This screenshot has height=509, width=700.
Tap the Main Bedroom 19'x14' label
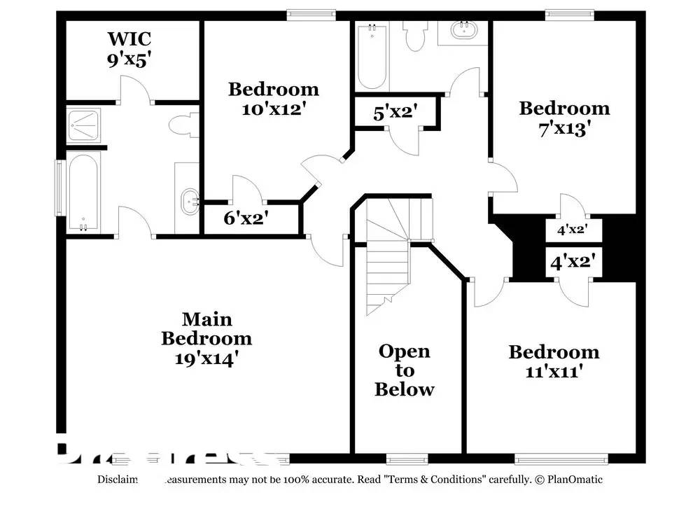[x=206, y=339]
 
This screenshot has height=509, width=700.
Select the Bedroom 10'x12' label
[x=274, y=99]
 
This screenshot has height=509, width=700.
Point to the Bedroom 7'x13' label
[x=564, y=118]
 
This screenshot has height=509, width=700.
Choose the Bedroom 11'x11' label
[x=554, y=361]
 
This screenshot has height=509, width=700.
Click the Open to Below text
[x=405, y=370]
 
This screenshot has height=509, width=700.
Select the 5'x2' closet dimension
[x=395, y=112]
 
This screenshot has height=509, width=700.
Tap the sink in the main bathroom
[x=189, y=202]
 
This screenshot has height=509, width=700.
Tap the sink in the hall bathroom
[x=463, y=32]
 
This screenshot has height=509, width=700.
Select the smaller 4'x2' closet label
[x=571, y=229]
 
